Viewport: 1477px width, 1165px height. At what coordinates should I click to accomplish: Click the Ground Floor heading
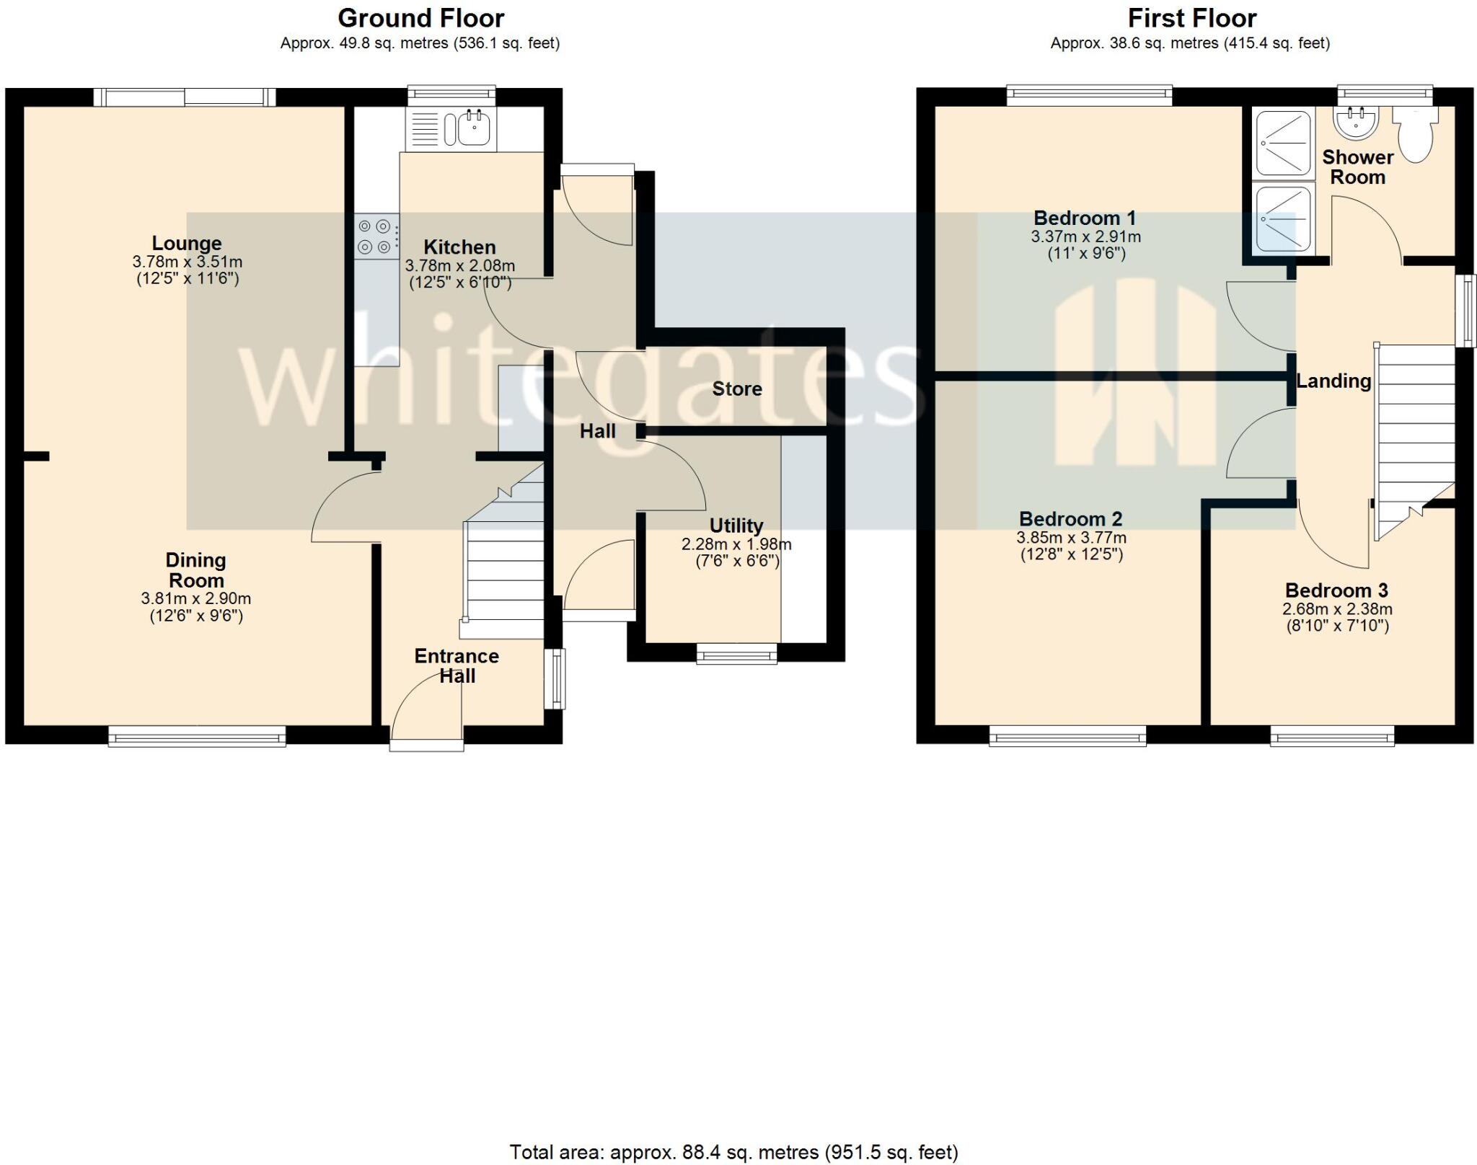coord(420,18)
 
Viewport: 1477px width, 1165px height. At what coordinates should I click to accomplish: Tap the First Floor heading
coord(1191,18)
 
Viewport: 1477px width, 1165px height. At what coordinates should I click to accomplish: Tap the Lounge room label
coord(187,244)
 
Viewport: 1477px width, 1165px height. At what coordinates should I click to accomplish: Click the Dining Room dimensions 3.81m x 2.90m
coord(196,598)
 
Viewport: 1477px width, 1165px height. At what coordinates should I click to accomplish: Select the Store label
coord(737,389)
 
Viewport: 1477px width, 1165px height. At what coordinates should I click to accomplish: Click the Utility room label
coord(736,526)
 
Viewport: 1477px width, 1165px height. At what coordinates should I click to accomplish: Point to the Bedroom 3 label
coord(1336,591)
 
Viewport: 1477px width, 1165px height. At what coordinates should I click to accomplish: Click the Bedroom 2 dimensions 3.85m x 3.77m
coord(1071,538)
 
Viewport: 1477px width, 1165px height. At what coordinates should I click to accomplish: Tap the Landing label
coord(1333,381)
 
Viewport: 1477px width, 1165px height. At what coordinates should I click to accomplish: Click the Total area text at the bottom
coord(733,1152)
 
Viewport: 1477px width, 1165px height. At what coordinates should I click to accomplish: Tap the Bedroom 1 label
coord(1085,218)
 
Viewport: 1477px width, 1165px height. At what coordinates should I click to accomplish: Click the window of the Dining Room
coord(197,736)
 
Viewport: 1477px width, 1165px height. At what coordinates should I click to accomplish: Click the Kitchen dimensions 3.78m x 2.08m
coord(460,266)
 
